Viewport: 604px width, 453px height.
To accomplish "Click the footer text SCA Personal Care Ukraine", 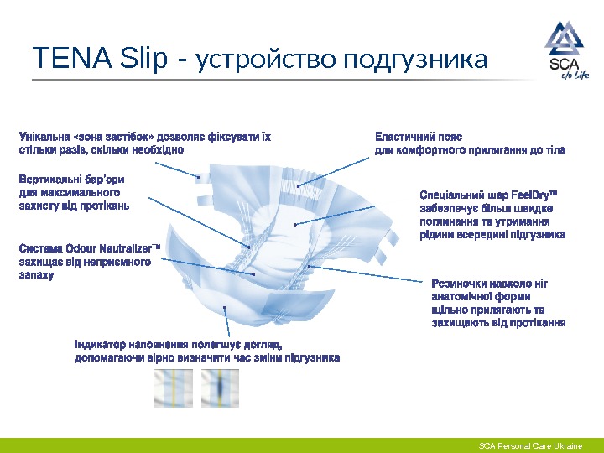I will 530,445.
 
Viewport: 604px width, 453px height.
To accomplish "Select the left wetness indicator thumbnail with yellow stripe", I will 174,388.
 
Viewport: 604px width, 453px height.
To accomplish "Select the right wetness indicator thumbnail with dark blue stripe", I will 220,388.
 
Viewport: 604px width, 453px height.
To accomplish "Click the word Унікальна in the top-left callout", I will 44,137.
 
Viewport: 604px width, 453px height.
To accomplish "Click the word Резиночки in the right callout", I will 461,284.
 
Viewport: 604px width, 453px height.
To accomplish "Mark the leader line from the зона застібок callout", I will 178,170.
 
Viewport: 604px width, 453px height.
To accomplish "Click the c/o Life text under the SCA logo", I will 575,75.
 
